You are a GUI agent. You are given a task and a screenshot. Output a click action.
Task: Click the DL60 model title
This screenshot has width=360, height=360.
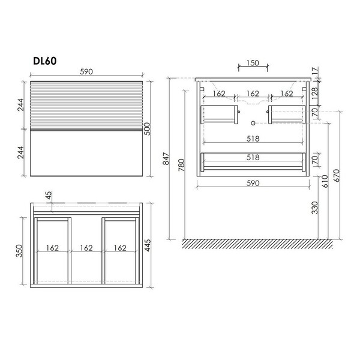[x=45, y=61]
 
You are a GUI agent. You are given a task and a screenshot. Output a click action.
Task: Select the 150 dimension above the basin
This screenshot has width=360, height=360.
[x=253, y=62]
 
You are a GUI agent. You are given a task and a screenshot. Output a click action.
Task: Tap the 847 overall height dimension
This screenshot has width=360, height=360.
[x=166, y=158]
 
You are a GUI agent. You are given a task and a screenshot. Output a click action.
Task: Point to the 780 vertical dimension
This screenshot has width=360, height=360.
[x=181, y=165]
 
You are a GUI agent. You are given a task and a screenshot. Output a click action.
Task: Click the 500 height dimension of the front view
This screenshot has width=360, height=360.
[x=147, y=129]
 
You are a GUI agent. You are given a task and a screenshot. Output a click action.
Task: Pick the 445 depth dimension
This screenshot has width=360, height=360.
[x=148, y=245]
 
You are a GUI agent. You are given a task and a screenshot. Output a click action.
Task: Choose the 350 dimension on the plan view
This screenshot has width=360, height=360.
[x=19, y=251]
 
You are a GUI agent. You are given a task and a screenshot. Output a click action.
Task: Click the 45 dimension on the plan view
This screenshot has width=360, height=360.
[x=49, y=196]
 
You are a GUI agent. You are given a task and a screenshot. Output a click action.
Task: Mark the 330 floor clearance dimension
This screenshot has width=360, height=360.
[x=315, y=208]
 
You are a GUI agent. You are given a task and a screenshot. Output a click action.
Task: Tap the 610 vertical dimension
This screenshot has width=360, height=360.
[x=325, y=181]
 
